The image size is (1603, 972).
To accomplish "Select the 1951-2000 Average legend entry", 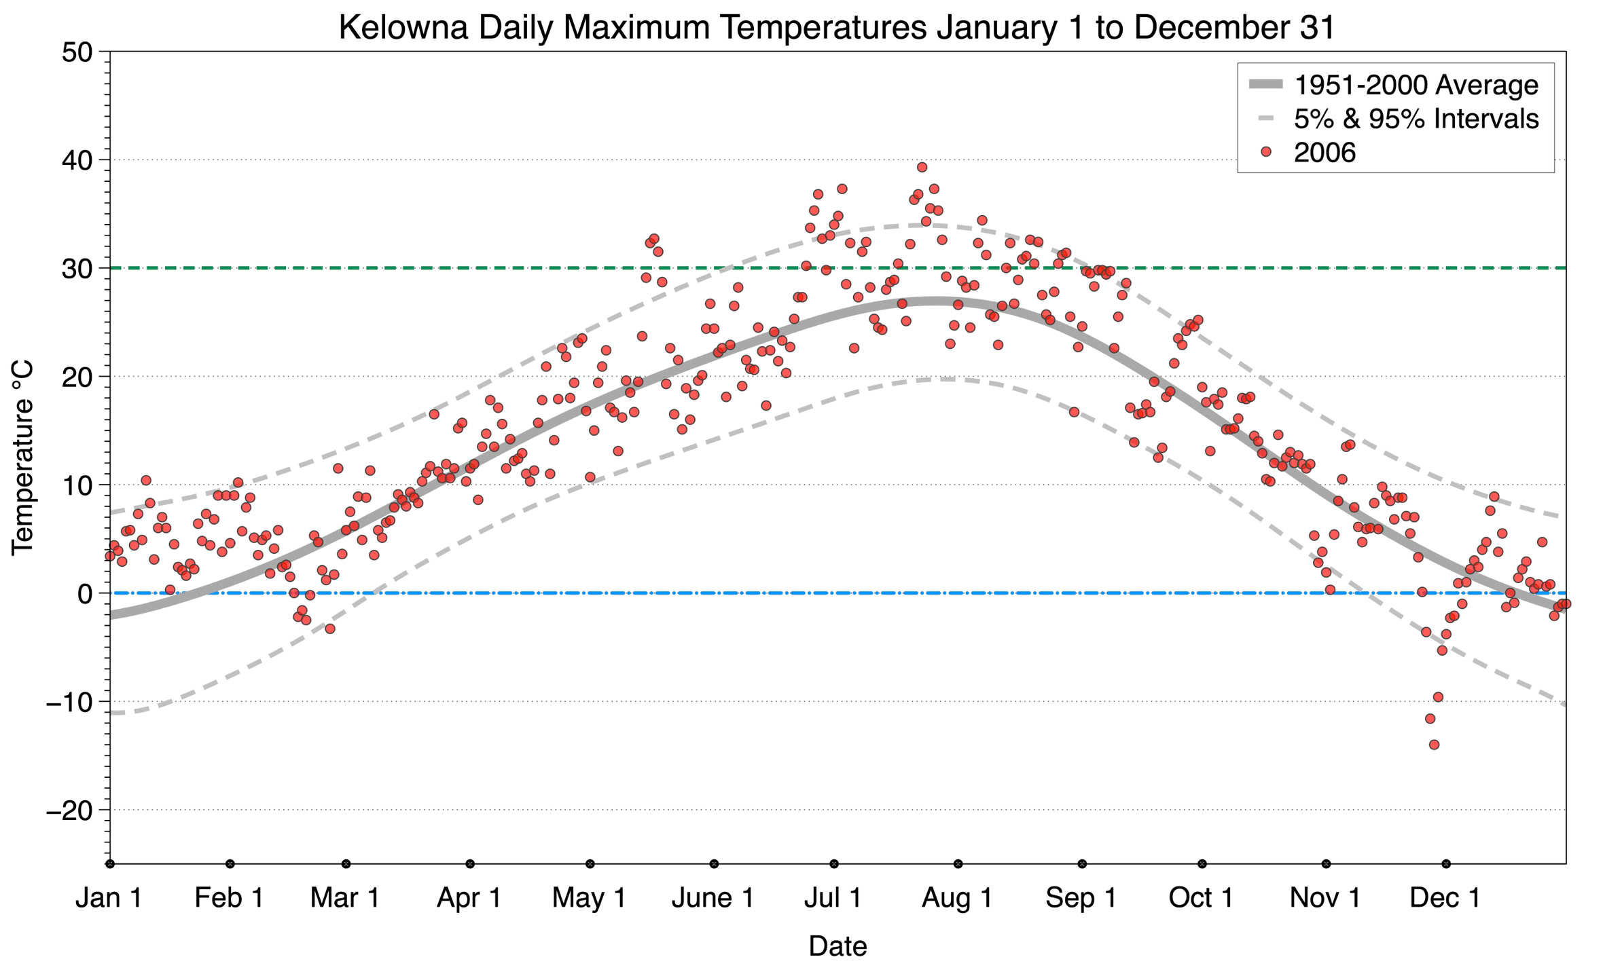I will pos(1416,85).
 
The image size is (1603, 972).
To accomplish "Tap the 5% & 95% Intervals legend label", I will pos(1416,119).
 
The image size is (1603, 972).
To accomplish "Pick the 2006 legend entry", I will pos(1324,153).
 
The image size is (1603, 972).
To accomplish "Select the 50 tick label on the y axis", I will pos(77,52).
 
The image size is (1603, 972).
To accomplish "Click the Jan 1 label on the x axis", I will pos(109,897).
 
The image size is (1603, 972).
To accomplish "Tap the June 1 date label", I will pos(713,897).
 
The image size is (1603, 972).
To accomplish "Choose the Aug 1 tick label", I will pos(956,897).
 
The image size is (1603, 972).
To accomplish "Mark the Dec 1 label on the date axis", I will pos(1445,897).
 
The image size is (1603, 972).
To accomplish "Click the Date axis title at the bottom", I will pos(837,946).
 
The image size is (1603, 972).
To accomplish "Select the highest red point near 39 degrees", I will pos(922,167).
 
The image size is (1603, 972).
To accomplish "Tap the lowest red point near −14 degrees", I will pos(1434,745).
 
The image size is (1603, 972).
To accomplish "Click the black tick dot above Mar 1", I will pos(346,863).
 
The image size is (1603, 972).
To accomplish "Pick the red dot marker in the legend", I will pos(1265,153).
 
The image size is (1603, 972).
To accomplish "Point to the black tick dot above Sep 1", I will pos(1082,863).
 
